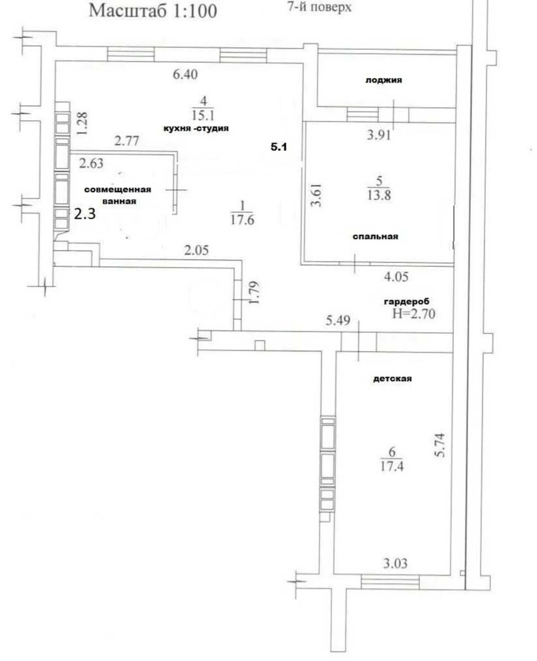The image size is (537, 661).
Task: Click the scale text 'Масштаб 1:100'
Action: (x=153, y=11)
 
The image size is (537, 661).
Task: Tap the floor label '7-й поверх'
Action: (x=320, y=7)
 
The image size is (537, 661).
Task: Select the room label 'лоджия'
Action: (x=384, y=81)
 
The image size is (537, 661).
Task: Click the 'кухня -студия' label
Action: (x=196, y=128)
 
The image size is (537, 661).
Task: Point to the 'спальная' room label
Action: (x=375, y=236)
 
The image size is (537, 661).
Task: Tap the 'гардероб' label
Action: (x=407, y=301)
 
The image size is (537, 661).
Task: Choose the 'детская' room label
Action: (x=392, y=378)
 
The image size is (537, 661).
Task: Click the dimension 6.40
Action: (x=185, y=74)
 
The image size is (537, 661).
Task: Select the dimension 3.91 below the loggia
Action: (x=379, y=135)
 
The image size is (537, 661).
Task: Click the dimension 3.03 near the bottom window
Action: (x=395, y=563)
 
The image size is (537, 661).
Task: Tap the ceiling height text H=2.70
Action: (x=414, y=314)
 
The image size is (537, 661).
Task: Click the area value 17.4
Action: (x=392, y=466)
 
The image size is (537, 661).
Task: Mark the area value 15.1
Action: (x=203, y=115)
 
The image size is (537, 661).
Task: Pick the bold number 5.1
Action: (x=279, y=147)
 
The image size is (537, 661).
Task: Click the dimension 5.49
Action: (x=338, y=320)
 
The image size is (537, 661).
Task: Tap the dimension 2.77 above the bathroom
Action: (x=126, y=141)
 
